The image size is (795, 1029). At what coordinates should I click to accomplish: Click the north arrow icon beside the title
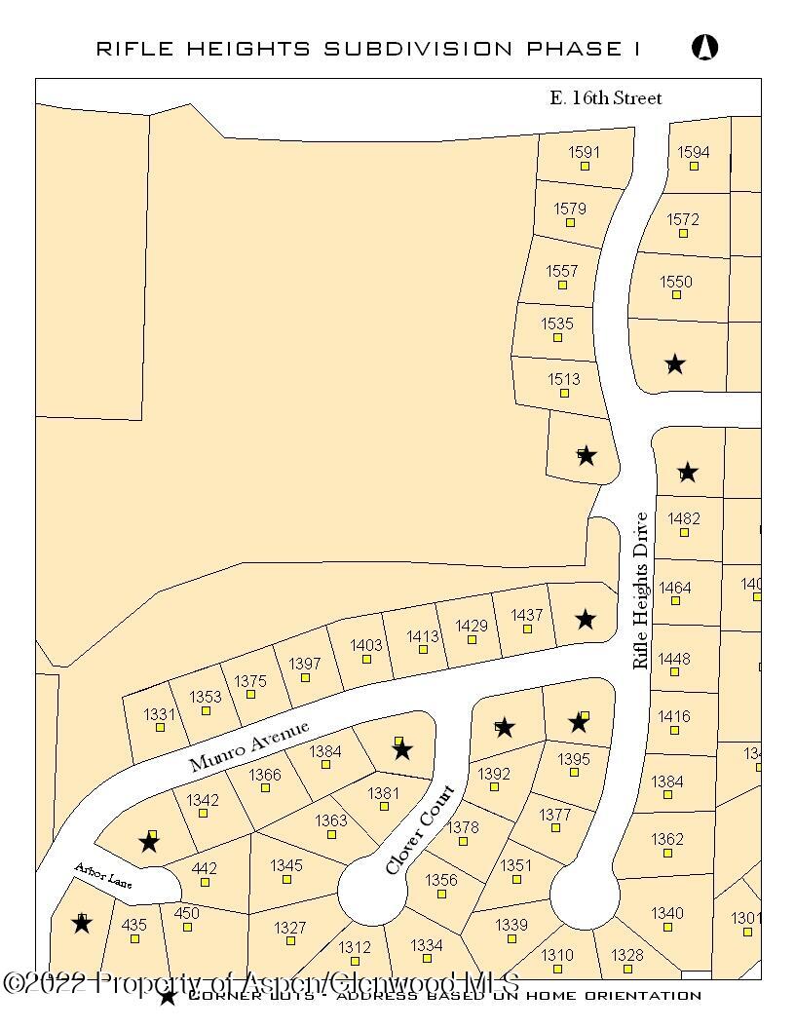point(704,46)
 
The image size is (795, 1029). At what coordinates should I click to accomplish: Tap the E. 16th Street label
point(605,97)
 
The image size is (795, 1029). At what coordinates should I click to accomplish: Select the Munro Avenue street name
point(249,746)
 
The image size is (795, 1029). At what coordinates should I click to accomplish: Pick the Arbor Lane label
point(101,875)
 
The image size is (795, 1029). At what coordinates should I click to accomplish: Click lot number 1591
point(585,152)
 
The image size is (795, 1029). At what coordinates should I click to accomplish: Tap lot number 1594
point(694,152)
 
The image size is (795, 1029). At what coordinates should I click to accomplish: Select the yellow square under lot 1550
point(676,297)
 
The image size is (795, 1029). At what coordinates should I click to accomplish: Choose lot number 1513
point(564,380)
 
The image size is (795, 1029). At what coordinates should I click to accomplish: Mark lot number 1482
point(684,519)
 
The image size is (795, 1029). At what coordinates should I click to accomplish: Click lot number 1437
point(527,615)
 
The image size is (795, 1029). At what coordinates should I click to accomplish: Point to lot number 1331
point(160,714)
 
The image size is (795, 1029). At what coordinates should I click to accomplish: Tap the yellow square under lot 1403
point(366,659)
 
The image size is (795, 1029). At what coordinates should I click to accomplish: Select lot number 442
point(205,868)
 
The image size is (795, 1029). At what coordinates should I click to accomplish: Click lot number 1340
point(667,913)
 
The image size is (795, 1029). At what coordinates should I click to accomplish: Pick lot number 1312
point(355,947)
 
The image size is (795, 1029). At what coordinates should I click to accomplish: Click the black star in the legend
point(168,996)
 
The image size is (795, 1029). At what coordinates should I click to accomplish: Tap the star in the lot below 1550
point(675,364)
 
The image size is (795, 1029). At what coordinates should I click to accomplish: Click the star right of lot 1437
point(585,619)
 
